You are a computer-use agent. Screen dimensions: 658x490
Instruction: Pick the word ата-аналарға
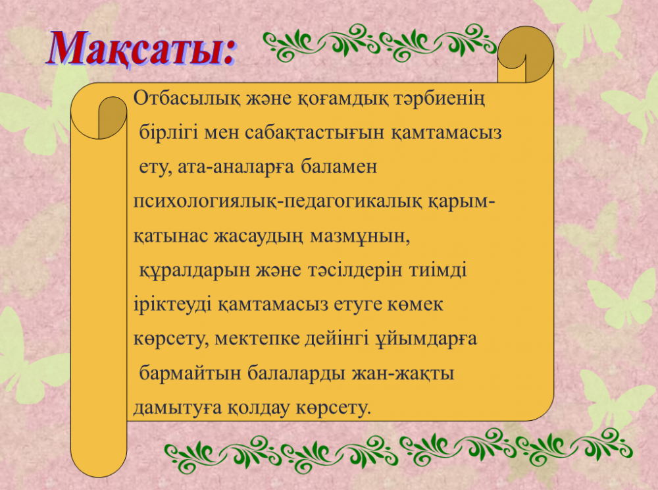coord(237,167)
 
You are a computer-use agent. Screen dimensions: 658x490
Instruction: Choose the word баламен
coord(339,167)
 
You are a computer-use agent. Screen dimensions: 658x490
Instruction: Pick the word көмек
coord(416,304)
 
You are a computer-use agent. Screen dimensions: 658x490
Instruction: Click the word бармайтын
coord(190,373)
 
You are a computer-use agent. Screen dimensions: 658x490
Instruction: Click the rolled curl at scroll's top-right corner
coord(525,55)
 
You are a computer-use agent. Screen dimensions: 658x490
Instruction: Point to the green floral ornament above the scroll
coord(380,42)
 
